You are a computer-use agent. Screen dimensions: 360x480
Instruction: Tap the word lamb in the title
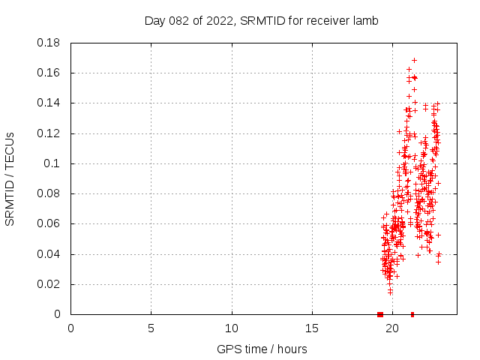pyautogui.click(x=365, y=21)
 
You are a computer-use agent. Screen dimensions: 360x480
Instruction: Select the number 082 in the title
pyautogui.click(x=184, y=21)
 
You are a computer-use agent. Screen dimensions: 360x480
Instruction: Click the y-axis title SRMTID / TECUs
pyautogui.click(x=10, y=178)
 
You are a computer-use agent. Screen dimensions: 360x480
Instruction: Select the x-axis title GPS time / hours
pyautogui.click(x=262, y=349)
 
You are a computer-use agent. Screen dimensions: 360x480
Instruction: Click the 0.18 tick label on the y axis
pyautogui.click(x=49, y=43)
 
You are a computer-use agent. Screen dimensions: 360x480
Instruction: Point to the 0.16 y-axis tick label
pyautogui.click(x=49, y=73)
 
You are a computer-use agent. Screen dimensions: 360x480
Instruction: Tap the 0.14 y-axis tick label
pyautogui.click(x=49, y=103)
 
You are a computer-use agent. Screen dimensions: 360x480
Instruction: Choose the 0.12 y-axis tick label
pyautogui.click(x=49, y=133)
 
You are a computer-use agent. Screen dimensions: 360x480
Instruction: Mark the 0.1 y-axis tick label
pyautogui.click(x=53, y=163)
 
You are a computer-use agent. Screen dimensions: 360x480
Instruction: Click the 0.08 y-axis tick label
pyautogui.click(x=49, y=193)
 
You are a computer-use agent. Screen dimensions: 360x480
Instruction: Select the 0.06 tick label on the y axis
pyautogui.click(x=49, y=223)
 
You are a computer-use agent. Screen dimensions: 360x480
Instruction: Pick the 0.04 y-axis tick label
pyautogui.click(x=49, y=254)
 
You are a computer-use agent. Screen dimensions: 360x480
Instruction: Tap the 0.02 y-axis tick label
pyautogui.click(x=49, y=284)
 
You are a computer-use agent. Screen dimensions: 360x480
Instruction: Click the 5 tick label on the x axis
pyautogui.click(x=151, y=328)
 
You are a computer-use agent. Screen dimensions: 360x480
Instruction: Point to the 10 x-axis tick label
pyautogui.click(x=232, y=328)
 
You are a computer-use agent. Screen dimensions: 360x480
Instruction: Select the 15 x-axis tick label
pyautogui.click(x=312, y=328)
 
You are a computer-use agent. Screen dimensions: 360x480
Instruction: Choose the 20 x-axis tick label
pyautogui.click(x=392, y=328)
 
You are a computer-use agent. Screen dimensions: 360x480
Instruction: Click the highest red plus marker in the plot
pyautogui.click(x=414, y=60)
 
